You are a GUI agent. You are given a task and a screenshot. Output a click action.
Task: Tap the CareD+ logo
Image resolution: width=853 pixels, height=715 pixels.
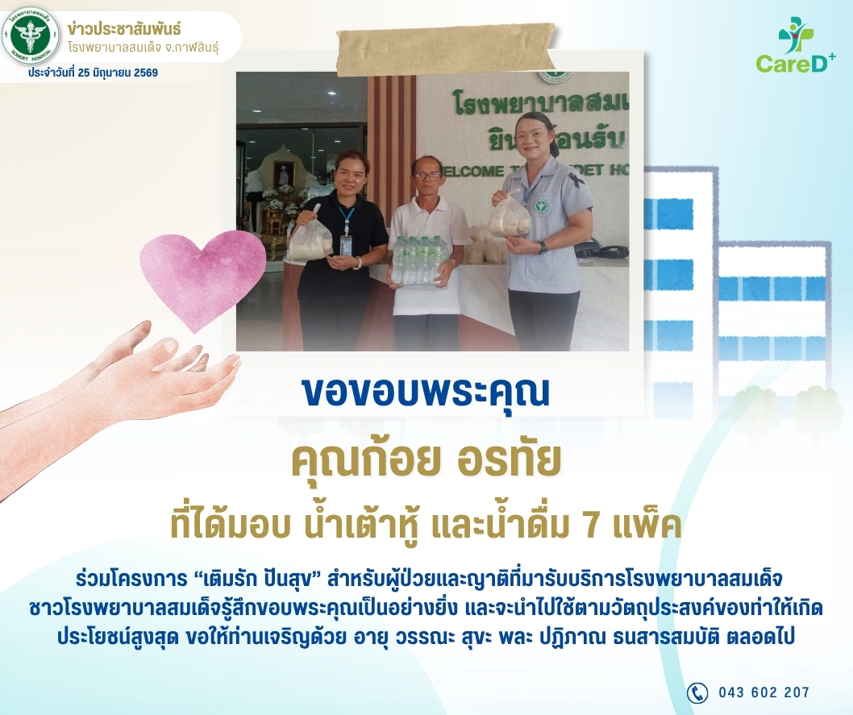[x=795, y=46]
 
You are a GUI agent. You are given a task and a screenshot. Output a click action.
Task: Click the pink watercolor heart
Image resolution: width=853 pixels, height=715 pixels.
[x=202, y=280]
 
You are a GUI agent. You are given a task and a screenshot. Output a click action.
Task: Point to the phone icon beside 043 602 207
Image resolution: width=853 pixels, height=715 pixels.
[x=697, y=692]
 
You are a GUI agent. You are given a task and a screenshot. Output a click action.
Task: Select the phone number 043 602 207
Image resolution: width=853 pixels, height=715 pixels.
[x=764, y=692]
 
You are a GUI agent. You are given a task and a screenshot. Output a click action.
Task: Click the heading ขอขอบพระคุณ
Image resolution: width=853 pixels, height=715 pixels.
[x=426, y=392]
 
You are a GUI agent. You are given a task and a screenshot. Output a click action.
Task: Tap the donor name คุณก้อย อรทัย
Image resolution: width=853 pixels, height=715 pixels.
[x=426, y=460]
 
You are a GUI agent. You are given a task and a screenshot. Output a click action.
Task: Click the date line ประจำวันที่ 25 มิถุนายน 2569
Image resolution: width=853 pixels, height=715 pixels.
[x=94, y=73]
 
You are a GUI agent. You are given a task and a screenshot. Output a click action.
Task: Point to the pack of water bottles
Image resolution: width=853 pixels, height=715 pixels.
[x=420, y=261]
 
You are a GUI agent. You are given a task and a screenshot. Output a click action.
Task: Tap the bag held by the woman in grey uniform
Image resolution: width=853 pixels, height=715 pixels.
[x=509, y=215]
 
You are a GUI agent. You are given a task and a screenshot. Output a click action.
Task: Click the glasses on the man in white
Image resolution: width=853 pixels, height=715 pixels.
[x=427, y=175]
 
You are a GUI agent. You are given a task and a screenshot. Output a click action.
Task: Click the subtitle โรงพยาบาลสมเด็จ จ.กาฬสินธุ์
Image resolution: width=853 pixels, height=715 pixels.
[x=144, y=48]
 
